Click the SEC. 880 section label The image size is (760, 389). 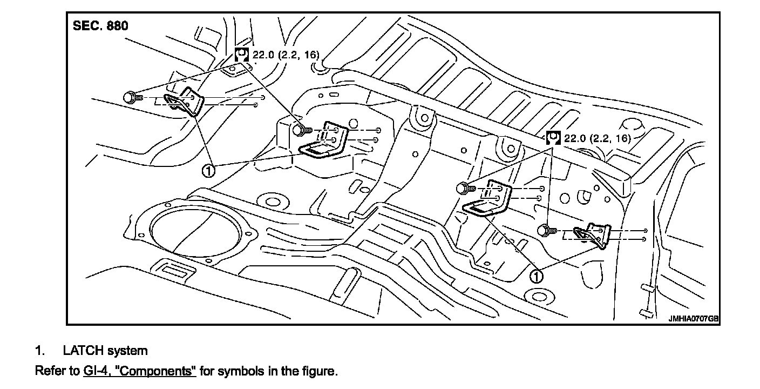pyautogui.click(x=100, y=26)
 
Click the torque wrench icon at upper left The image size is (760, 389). pyautogui.click(x=242, y=54)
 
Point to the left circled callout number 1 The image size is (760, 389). pyautogui.click(x=208, y=171)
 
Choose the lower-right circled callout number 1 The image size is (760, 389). pyautogui.click(x=536, y=276)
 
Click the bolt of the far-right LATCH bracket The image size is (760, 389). pyautogui.click(x=545, y=231)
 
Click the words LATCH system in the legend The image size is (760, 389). pyautogui.click(x=105, y=351)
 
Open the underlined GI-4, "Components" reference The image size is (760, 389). pyautogui.click(x=140, y=372)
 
